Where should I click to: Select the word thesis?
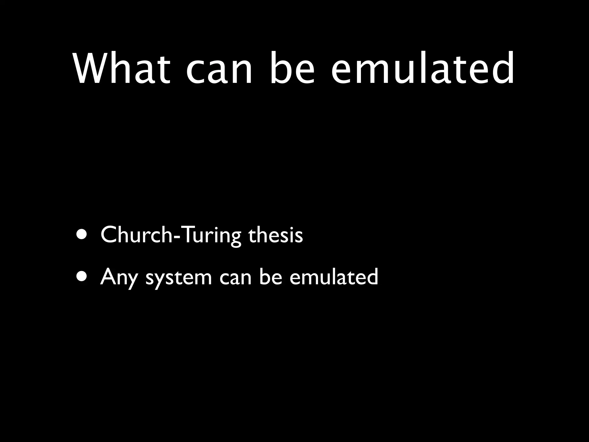[x=275, y=235]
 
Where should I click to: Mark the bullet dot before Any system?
[x=83, y=277]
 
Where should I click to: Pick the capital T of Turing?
[x=187, y=235]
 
